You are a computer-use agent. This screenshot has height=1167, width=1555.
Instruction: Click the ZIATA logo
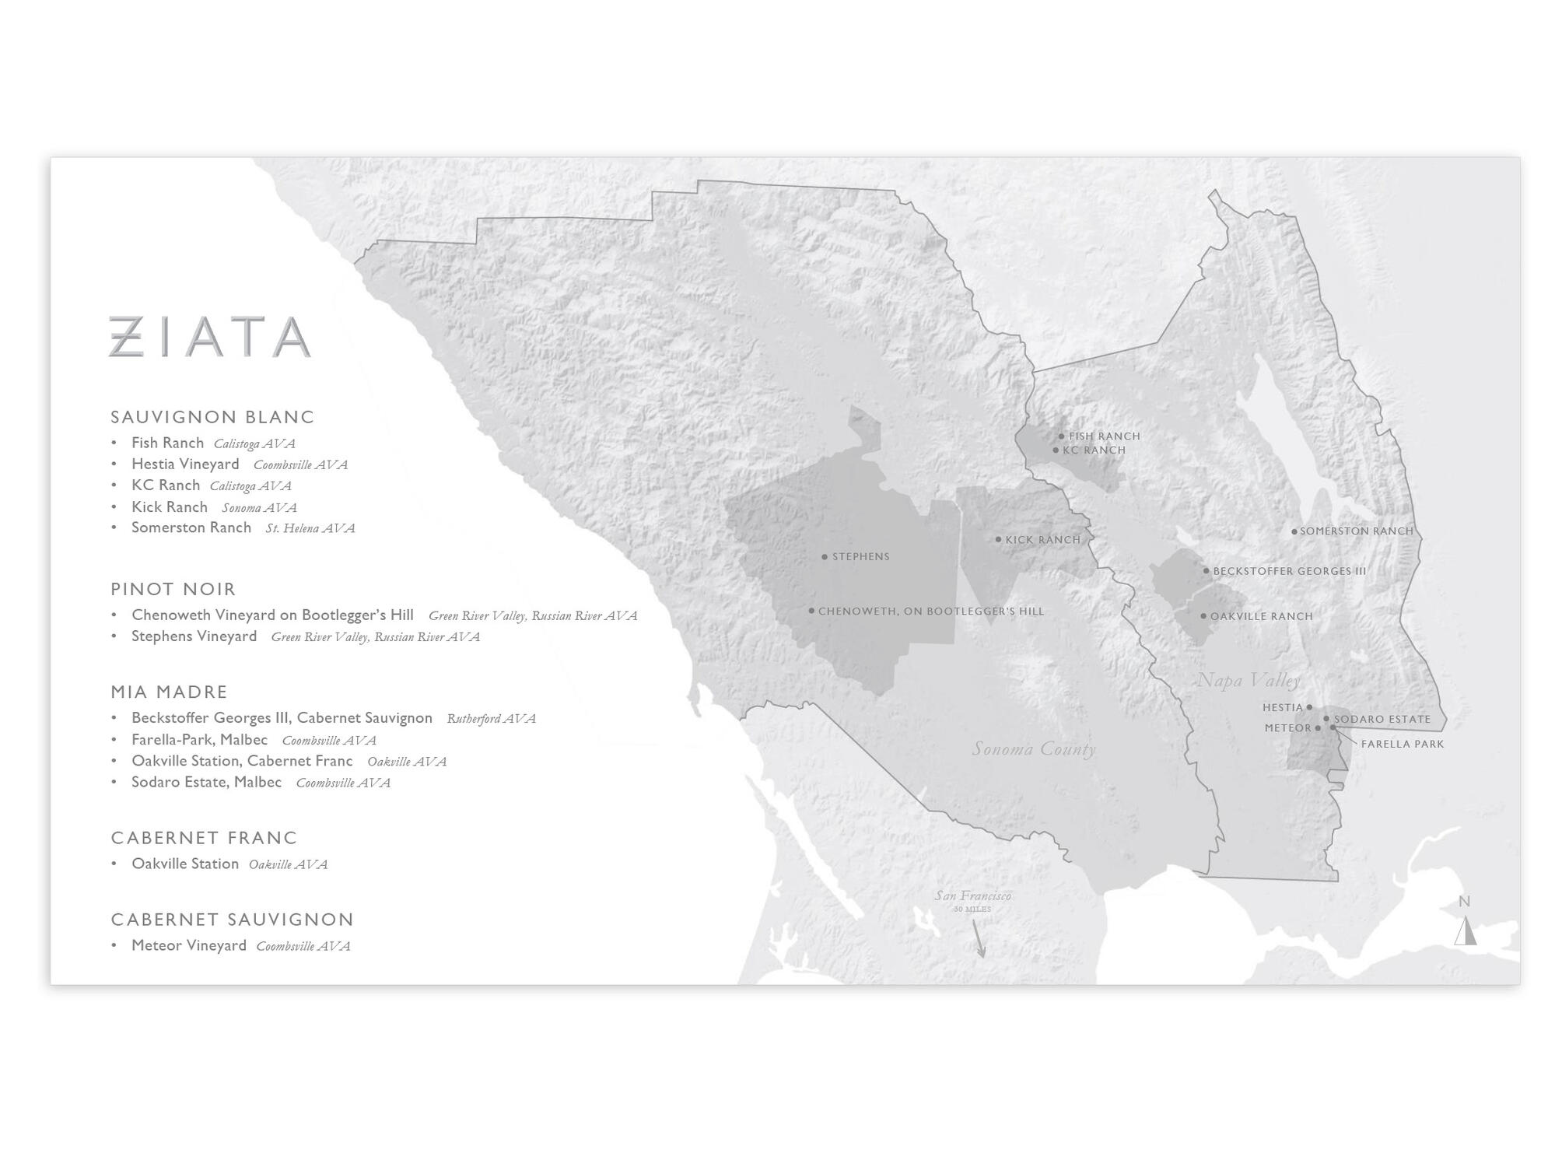210,336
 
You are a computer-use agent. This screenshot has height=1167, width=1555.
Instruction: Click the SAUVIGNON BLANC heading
212,417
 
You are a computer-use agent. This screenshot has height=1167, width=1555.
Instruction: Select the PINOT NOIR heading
173,589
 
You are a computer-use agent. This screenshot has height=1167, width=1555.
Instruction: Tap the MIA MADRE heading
169,692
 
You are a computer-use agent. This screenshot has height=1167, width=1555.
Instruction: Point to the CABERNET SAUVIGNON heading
232,920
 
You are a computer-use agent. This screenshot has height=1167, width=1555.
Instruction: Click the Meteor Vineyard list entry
188,945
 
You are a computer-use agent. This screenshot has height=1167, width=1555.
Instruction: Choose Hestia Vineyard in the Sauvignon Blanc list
185,464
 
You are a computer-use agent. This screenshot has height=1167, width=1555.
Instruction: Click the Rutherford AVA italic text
491,719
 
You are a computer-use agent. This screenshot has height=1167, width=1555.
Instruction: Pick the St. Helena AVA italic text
310,528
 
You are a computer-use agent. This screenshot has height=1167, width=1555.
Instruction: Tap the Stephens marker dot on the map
825,557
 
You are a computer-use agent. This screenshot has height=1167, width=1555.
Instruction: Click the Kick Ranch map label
1042,540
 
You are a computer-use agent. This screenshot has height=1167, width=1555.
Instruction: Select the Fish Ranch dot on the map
1061,436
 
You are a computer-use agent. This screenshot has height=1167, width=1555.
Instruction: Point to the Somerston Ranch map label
1356,531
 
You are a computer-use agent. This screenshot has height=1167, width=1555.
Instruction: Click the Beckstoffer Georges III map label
1289,571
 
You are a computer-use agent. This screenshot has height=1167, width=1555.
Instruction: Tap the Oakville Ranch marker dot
1203,616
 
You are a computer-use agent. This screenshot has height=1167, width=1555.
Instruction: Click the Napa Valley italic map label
1248,681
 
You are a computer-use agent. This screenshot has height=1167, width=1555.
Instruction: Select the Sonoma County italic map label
1034,749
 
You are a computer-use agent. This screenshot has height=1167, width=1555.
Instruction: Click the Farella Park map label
1402,745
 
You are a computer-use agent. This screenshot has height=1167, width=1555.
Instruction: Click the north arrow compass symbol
1466,930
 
